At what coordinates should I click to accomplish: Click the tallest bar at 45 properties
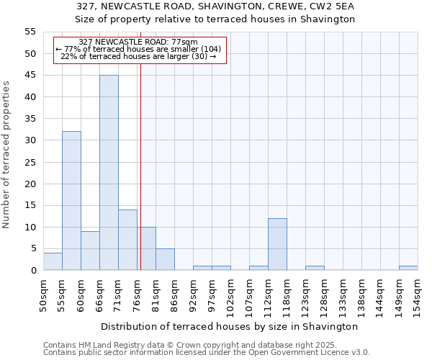pos(109,173)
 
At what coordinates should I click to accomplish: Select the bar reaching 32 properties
pos(71,201)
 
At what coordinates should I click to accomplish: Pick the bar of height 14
pos(127,240)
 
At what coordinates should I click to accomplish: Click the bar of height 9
pos(90,251)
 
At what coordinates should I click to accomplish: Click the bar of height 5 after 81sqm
pos(165,259)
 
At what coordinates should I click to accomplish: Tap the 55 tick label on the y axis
pos(30,32)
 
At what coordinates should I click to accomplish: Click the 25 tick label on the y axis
pos(30,162)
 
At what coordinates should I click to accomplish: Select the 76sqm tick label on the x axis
pos(137,294)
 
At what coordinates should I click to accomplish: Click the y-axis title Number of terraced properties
pos(6,155)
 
